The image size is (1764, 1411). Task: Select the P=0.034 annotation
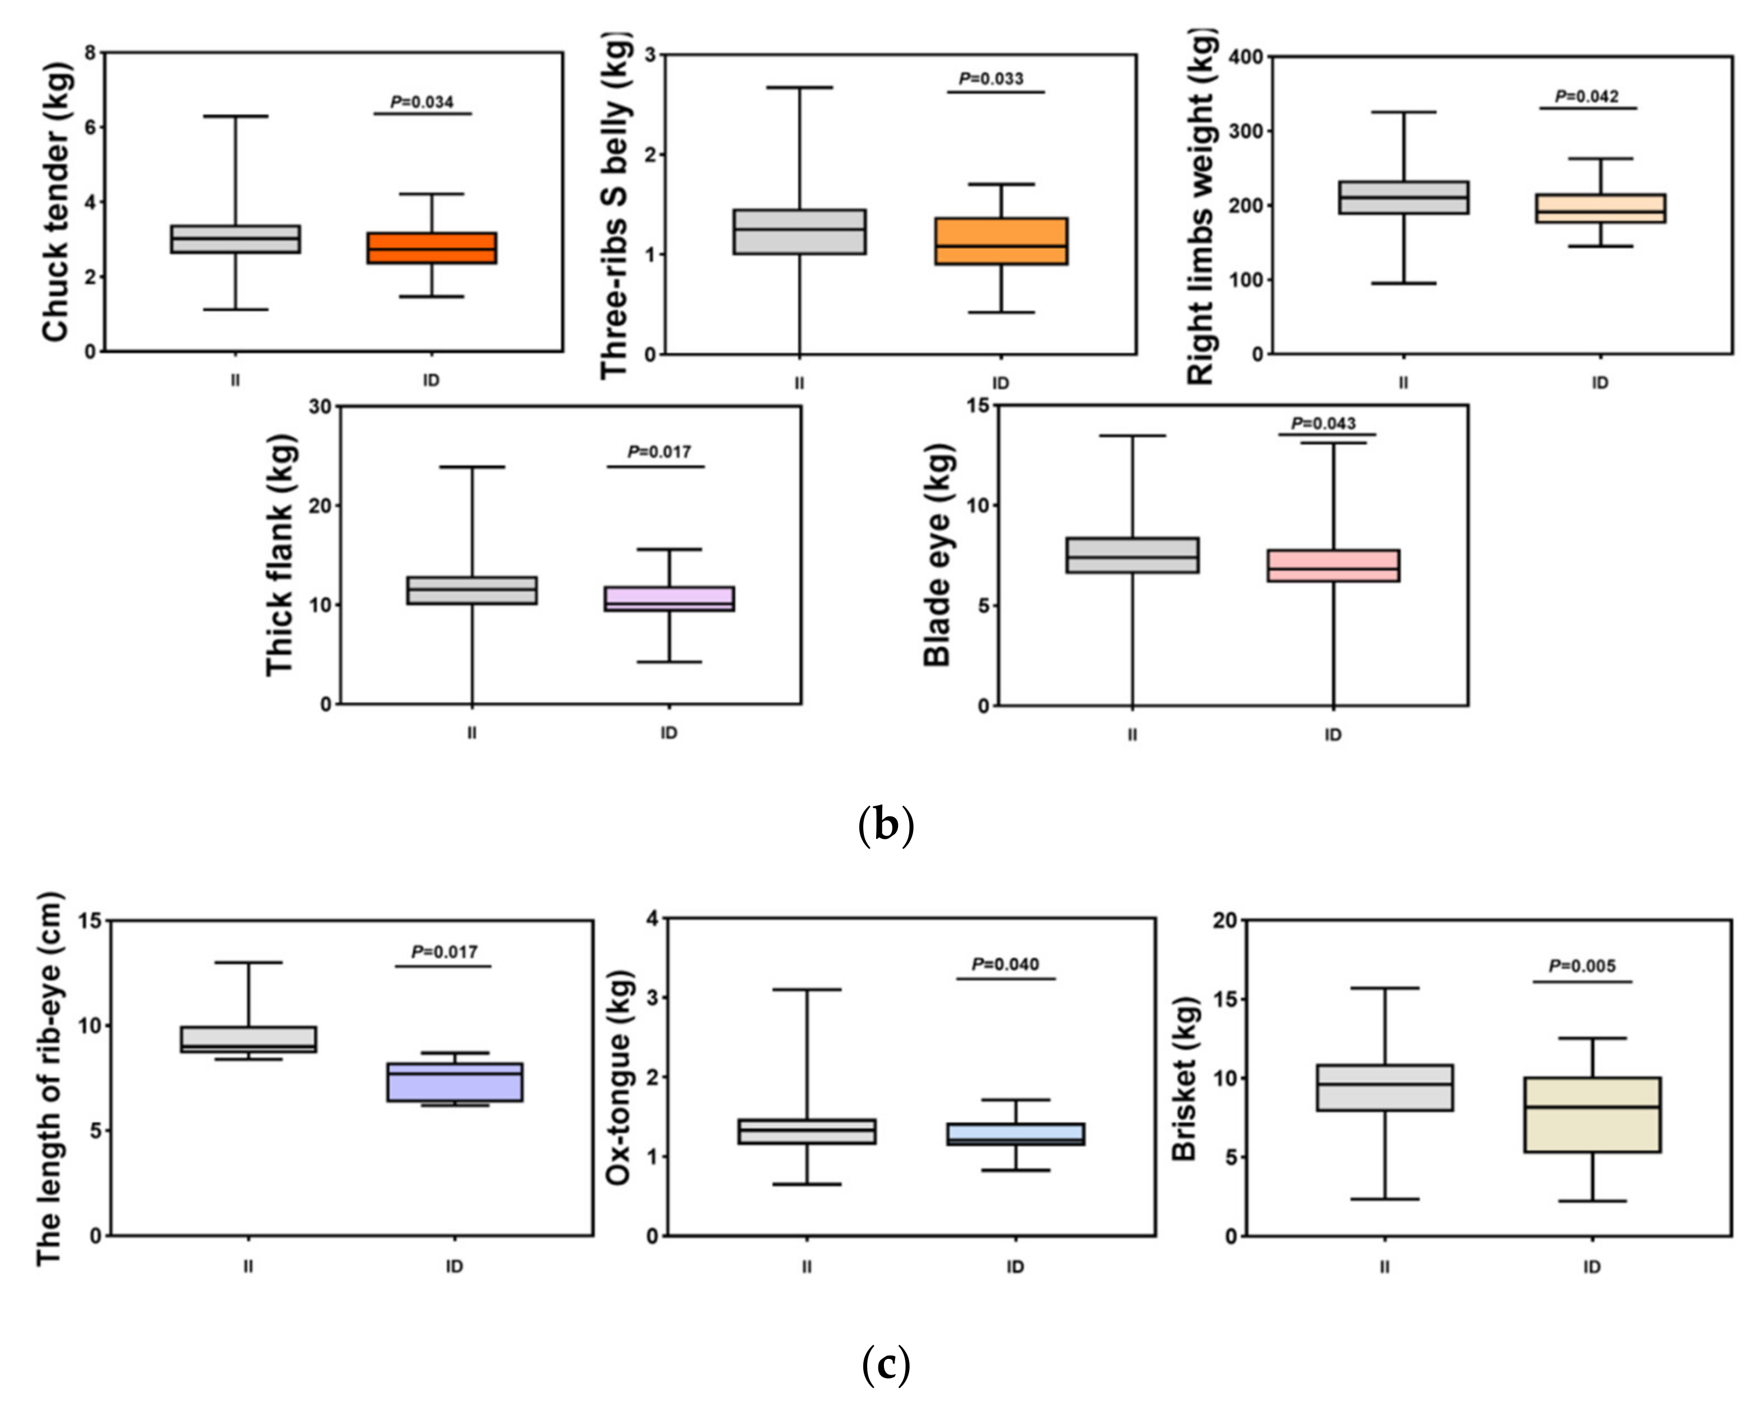point(422,102)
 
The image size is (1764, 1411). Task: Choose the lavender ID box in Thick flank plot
point(670,599)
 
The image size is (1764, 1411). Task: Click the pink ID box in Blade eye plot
point(1333,566)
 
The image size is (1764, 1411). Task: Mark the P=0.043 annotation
point(1323,423)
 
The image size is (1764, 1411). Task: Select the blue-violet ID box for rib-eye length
point(455,1082)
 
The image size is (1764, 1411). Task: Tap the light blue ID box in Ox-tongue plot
point(1016,1133)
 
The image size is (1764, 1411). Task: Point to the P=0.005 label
point(1583,966)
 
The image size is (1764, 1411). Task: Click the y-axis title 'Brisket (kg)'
point(1184,1079)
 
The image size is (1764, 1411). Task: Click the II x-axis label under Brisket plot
point(1384,1267)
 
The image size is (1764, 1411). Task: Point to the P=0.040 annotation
point(1005,964)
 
